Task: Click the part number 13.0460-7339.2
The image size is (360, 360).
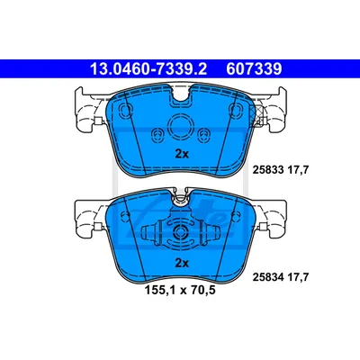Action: [148, 69]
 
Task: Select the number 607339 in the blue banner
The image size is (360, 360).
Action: [254, 69]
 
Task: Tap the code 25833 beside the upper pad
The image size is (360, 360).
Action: [268, 170]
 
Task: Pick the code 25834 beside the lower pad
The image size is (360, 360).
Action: [268, 277]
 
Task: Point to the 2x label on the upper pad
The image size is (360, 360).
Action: [182, 154]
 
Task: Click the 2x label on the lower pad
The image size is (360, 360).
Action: [182, 263]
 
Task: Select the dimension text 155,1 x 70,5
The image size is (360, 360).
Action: [180, 291]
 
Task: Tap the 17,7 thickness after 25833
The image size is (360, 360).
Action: [298, 170]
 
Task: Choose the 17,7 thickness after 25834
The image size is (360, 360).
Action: [298, 277]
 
